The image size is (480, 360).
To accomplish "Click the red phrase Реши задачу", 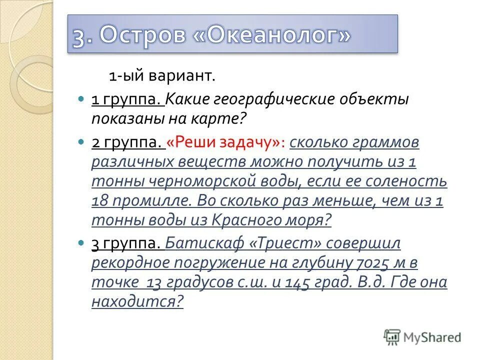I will pos(226,142).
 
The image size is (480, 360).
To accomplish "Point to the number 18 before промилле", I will pos(99,200).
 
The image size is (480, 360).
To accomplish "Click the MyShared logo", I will pos(422,337).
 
